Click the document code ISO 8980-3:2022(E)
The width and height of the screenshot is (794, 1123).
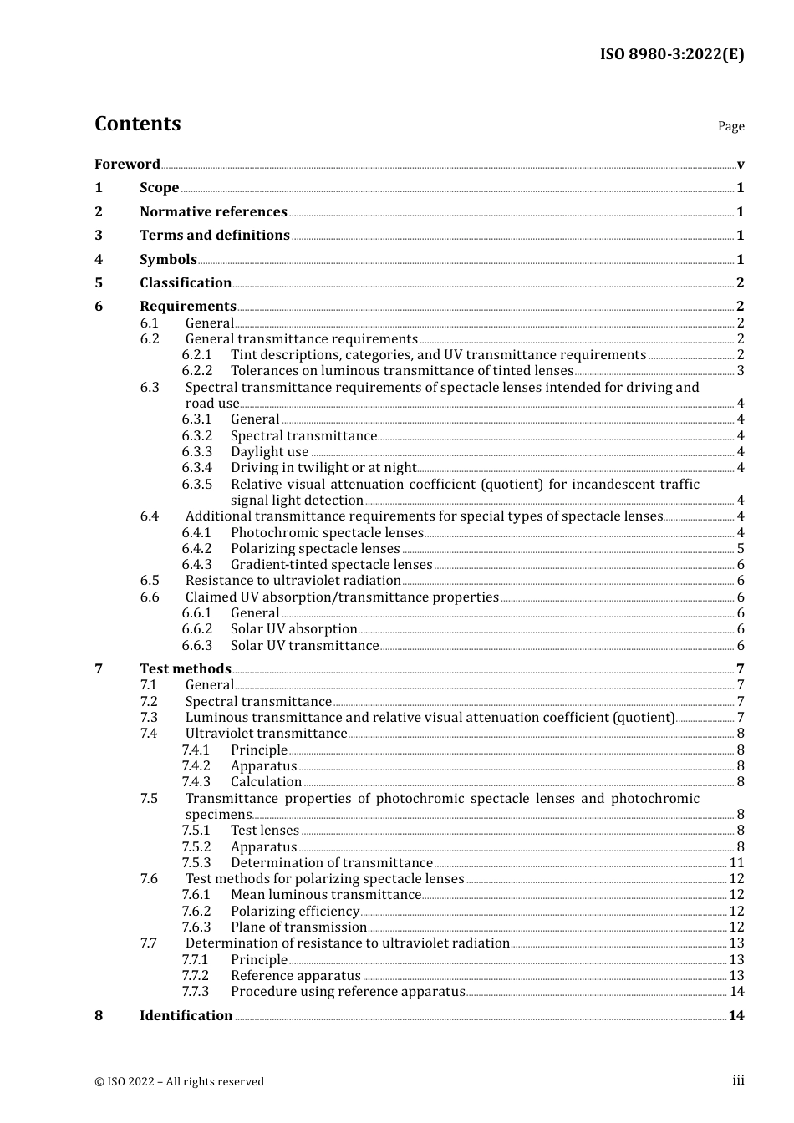671,54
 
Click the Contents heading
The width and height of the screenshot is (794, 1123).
137,124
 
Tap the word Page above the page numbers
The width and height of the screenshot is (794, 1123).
730,126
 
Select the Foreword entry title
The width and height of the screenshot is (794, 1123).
127,164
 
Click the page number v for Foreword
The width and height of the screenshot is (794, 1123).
740,165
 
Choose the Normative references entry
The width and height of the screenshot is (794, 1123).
213,211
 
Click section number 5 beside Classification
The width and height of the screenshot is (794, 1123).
99,282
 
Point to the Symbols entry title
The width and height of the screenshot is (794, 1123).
168,259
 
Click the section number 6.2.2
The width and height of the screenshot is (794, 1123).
197,370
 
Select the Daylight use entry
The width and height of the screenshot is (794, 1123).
269,451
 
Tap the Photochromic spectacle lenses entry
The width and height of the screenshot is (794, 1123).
327,532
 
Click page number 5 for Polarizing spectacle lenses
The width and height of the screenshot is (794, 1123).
740,549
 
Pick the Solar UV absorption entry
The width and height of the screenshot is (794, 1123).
293,629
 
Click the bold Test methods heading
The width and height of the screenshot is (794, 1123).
185,668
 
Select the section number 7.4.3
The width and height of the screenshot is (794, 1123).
196,782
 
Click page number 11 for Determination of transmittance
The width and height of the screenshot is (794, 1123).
736,863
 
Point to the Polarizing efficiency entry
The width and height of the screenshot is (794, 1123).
295,911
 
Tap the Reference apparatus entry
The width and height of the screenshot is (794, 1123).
295,975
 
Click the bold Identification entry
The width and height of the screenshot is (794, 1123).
186,1015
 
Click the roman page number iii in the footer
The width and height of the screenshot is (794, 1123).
738,1080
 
